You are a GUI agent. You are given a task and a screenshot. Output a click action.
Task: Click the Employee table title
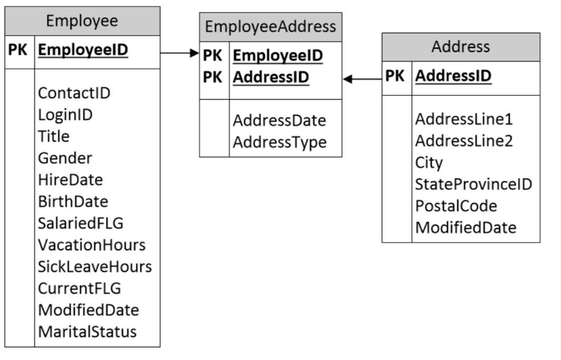pyautogui.click(x=82, y=21)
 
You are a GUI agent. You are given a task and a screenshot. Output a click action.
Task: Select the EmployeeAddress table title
pyautogui.click(x=271, y=26)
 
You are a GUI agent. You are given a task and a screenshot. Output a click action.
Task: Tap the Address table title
pyautogui.click(x=461, y=47)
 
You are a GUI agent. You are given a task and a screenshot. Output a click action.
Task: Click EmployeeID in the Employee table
pyautogui.click(x=83, y=50)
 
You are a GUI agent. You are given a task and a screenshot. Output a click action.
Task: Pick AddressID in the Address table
pyautogui.click(x=453, y=76)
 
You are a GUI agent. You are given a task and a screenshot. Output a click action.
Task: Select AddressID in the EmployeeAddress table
pyautogui.click(x=271, y=77)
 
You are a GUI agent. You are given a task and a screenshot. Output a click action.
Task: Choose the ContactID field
pyautogui.click(x=74, y=93)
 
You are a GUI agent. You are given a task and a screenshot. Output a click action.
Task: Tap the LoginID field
pyautogui.click(x=65, y=115)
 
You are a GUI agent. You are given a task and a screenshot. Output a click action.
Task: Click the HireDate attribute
pyautogui.click(x=70, y=180)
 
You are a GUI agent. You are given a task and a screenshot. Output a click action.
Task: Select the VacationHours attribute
pyautogui.click(x=91, y=245)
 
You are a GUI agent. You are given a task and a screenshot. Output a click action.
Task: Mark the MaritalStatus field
pyautogui.click(x=87, y=332)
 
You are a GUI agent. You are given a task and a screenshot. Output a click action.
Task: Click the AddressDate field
pyautogui.click(x=279, y=121)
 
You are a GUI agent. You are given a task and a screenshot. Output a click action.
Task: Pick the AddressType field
pyautogui.click(x=279, y=142)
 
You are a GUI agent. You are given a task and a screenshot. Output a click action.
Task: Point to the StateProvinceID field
pyautogui.click(x=473, y=184)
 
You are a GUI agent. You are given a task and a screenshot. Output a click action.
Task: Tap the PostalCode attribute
pyautogui.click(x=456, y=206)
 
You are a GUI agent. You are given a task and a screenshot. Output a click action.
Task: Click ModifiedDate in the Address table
pyautogui.click(x=466, y=227)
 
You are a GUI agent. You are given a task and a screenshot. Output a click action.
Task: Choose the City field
pyautogui.click(x=429, y=163)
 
